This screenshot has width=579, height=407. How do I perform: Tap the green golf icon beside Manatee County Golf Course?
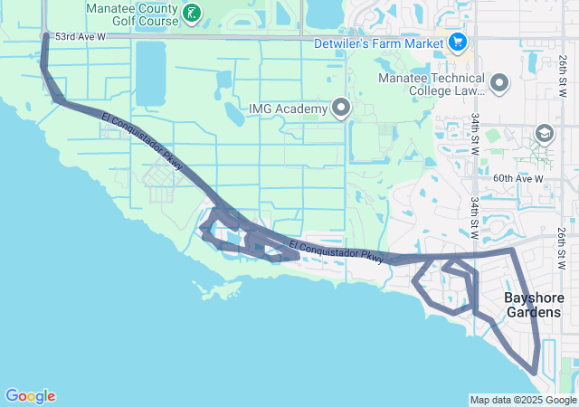[x=192, y=13]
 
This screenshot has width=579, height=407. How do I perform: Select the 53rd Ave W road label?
[x=81, y=37]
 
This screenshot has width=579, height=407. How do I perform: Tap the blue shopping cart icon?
[x=457, y=42]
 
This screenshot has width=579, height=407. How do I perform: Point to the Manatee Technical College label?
[x=432, y=84]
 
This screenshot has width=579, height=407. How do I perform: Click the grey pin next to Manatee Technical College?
[x=500, y=84]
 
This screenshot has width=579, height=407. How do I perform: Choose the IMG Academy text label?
[x=288, y=110]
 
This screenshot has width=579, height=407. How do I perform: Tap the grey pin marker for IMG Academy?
[x=341, y=109]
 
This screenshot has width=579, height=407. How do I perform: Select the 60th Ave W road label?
[x=518, y=179]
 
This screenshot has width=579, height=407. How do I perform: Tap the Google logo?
[x=30, y=396]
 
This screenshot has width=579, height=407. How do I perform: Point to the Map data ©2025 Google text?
[x=522, y=400]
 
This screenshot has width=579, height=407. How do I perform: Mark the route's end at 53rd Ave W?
[x=45, y=36]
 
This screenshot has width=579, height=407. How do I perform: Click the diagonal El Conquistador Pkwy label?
[x=144, y=140]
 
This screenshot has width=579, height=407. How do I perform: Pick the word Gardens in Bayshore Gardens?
[x=534, y=313]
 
